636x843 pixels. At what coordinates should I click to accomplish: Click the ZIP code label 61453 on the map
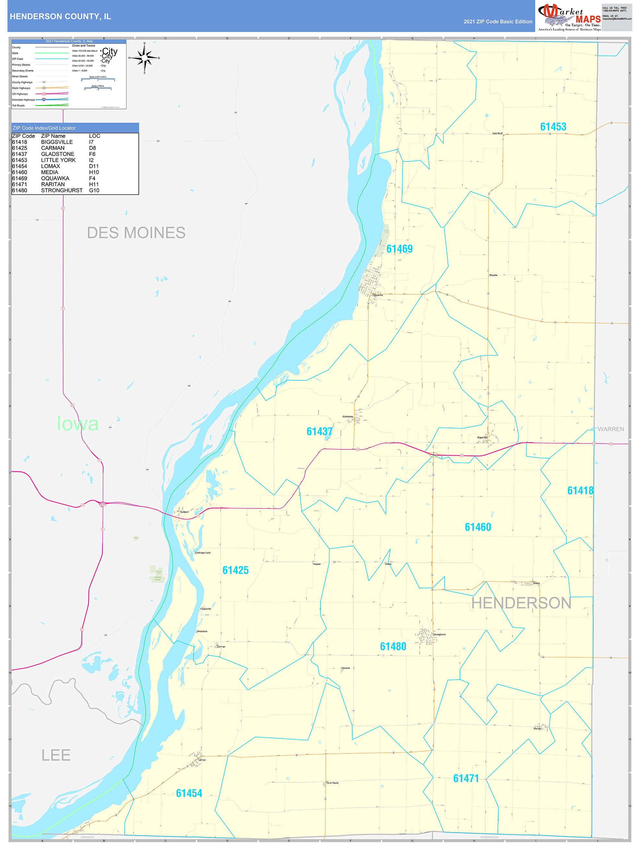(x=553, y=127)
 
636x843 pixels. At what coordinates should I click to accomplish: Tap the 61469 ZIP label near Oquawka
(x=399, y=249)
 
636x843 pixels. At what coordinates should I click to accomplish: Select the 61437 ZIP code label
(x=319, y=432)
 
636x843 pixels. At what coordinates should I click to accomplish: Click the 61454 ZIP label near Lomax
(x=189, y=793)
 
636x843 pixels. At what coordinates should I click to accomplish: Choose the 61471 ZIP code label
(x=465, y=778)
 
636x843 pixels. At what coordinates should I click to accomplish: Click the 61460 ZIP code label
(x=478, y=527)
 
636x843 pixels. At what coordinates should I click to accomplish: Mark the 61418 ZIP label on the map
(x=580, y=491)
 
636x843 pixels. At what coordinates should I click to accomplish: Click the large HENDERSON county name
(x=521, y=603)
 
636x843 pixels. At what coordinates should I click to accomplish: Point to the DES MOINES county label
(x=136, y=232)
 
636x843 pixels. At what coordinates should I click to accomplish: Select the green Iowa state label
(x=78, y=423)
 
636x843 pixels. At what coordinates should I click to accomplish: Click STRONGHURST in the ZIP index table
(x=62, y=190)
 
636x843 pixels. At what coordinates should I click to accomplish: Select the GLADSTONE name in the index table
(x=58, y=154)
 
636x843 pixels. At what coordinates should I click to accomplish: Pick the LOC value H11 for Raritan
(x=94, y=184)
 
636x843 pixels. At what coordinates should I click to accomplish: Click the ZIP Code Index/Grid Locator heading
(x=44, y=128)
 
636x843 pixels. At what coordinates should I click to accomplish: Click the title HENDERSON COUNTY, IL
(x=60, y=17)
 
